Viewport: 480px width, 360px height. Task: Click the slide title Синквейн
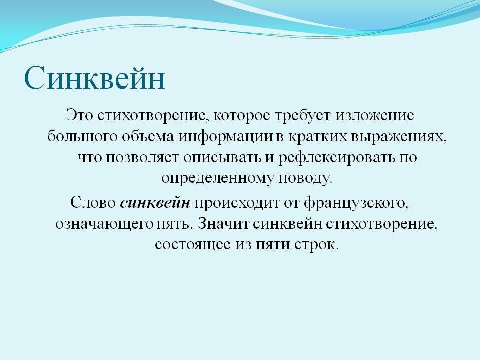click(x=95, y=78)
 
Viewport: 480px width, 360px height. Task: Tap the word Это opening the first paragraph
click(x=79, y=115)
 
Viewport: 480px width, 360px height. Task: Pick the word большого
click(x=82, y=136)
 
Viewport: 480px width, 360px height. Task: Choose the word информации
click(x=226, y=137)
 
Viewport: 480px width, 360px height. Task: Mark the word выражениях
click(x=399, y=137)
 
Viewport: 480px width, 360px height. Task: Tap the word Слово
click(x=93, y=202)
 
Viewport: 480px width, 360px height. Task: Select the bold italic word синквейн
click(x=155, y=202)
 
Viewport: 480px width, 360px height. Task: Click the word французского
click(x=357, y=202)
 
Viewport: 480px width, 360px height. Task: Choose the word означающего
click(x=104, y=224)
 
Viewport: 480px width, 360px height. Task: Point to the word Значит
click(x=224, y=223)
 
